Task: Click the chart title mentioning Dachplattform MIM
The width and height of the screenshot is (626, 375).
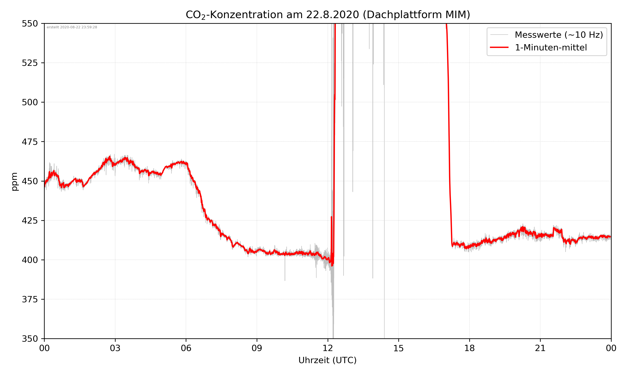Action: coord(328,15)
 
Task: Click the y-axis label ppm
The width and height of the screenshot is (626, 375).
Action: coord(15,181)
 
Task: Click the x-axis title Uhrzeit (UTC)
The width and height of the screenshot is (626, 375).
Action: coord(327,360)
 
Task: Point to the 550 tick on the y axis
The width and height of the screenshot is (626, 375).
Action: coord(30,24)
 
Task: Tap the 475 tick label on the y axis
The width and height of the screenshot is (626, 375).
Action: coord(30,142)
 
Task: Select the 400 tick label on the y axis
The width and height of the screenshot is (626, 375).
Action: coord(30,260)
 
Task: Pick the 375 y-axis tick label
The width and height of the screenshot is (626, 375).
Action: coord(30,299)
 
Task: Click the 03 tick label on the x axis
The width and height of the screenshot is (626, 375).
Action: coord(115,348)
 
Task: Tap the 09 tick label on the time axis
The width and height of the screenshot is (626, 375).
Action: coord(257,348)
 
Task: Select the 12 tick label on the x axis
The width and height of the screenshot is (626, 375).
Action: coord(328,348)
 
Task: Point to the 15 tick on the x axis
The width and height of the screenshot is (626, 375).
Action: coord(399,348)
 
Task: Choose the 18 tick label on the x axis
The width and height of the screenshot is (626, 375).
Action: coord(469,348)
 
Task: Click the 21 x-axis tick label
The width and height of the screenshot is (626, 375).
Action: coord(540,348)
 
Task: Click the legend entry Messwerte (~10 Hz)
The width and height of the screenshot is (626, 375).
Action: coord(559,35)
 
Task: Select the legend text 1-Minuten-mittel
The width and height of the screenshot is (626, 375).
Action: coord(551,47)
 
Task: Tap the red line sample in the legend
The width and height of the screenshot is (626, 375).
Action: coord(499,47)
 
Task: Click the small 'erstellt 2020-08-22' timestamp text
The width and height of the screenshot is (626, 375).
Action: coord(72,27)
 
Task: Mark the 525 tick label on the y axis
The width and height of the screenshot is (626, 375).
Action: coord(30,63)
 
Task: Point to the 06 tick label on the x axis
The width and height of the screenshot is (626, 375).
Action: coord(186,348)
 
